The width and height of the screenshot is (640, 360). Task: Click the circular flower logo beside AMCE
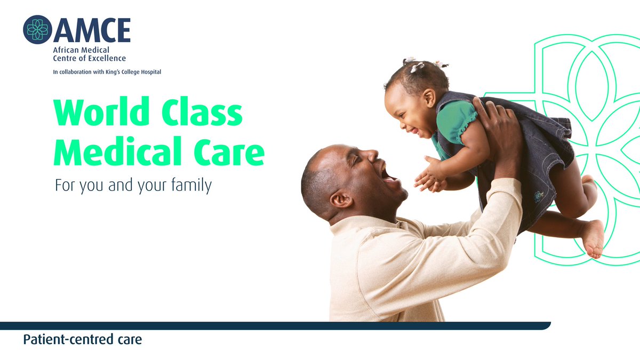click(x=37, y=29)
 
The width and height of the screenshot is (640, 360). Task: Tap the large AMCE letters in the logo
click(x=91, y=30)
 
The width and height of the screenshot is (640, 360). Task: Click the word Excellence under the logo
click(x=105, y=58)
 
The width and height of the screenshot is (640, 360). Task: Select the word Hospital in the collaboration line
click(x=149, y=72)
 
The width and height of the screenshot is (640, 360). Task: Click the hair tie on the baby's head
click(x=416, y=66)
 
